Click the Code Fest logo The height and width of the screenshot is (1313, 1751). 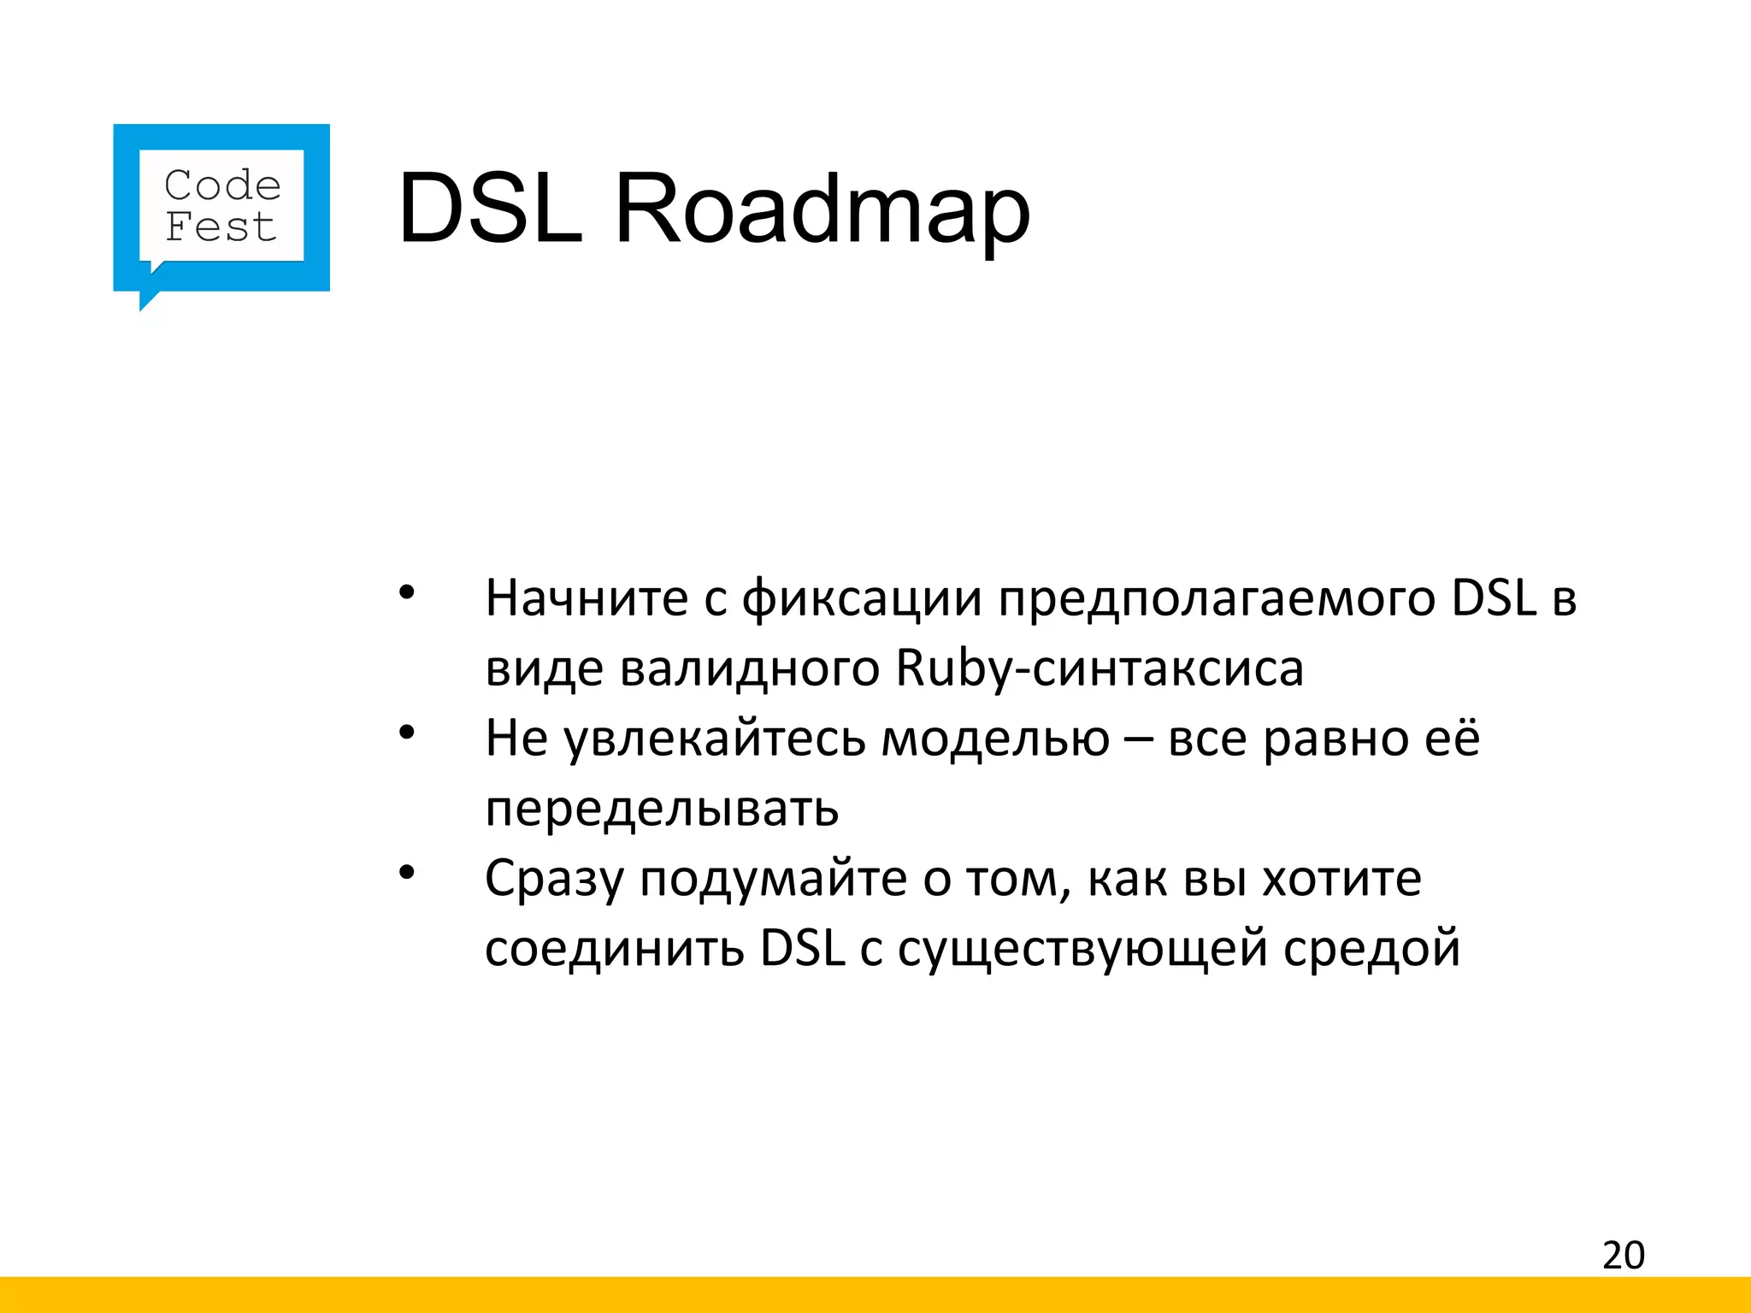221,209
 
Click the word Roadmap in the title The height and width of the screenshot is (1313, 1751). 822,209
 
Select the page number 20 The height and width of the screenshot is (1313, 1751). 1623,1255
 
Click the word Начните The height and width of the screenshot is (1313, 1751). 587,598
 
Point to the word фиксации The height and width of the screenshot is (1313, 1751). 861,599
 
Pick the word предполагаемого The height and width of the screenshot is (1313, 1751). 1216,599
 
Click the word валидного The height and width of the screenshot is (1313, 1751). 750,668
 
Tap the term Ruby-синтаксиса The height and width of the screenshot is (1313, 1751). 1100,668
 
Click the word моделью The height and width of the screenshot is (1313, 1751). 995,739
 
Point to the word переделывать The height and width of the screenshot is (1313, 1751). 662,809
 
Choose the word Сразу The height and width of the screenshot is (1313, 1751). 554,879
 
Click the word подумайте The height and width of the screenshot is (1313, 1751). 773,879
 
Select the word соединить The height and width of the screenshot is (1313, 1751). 615,948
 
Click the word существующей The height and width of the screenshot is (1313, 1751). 1082,950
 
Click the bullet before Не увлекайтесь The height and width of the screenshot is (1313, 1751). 406,732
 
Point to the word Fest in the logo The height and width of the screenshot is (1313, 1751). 221,227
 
